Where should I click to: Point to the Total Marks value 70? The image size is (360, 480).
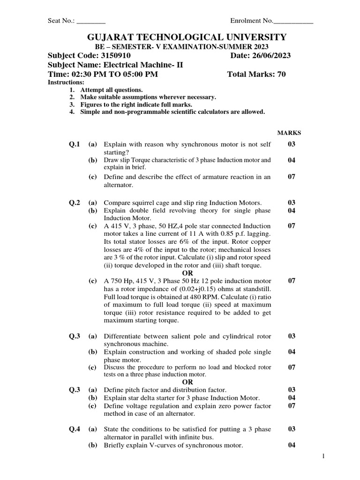coord(281,74)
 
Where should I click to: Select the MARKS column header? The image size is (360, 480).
coord(289,133)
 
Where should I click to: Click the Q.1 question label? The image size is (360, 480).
coord(75,144)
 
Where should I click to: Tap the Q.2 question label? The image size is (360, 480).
coord(75,202)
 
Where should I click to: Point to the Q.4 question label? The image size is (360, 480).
coord(75,429)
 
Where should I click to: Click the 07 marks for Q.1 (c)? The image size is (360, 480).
coord(292,177)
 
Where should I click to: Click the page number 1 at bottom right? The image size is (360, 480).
coord(323,456)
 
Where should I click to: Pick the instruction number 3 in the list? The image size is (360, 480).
coord(72,105)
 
